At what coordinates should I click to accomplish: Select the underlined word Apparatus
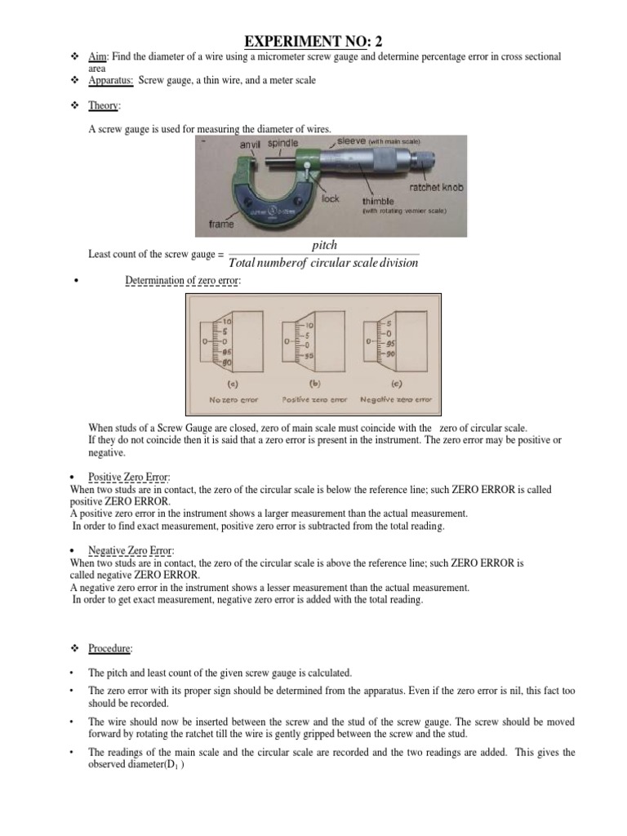coord(109,81)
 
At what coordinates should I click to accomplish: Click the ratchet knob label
coord(437,187)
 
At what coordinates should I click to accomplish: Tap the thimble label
coord(379,200)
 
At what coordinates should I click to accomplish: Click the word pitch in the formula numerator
coord(324,245)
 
